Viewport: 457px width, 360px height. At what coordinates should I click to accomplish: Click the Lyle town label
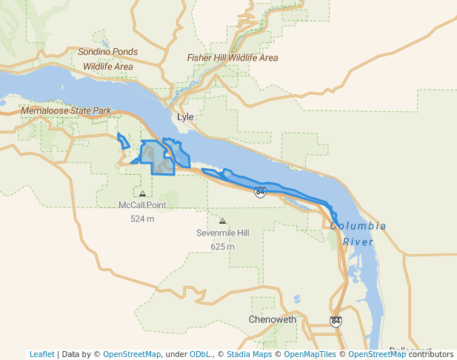tap(185, 118)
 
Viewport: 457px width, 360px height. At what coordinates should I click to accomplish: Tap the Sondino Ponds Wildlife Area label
tap(108, 59)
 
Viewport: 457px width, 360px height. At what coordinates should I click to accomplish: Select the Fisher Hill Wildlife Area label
tap(233, 58)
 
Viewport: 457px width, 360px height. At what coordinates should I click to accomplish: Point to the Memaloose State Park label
tap(66, 111)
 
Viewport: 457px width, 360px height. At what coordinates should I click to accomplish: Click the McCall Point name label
tap(142, 205)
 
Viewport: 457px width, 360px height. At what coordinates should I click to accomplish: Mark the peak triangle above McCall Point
tap(142, 193)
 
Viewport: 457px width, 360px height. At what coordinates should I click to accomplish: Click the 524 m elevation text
tap(142, 219)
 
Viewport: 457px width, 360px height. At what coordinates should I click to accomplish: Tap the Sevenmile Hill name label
tap(222, 233)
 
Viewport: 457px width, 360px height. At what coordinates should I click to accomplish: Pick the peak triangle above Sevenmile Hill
tap(222, 221)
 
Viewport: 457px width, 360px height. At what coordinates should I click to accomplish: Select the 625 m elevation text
tap(222, 246)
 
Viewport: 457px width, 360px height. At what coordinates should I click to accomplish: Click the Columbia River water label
tap(358, 233)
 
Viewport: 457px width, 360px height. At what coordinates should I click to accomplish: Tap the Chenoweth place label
tap(273, 320)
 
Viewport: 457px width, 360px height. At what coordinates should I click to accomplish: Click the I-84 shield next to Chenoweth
tap(336, 321)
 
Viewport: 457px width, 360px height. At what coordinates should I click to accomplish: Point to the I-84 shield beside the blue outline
tap(260, 192)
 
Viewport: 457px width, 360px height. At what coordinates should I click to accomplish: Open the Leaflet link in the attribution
tap(41, 354)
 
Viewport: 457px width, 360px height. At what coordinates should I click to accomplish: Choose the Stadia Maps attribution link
tap(249, 354)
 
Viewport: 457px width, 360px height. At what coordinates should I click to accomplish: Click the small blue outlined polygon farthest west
tap(123, 141)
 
